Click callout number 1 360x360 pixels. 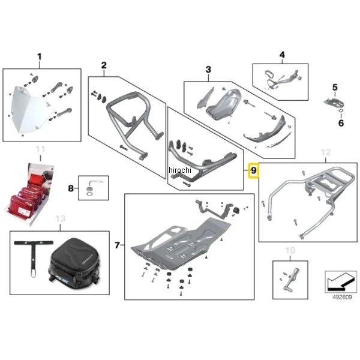pyautogui.click(x=40, y=58)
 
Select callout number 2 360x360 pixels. pyautogui.click(x=104, y=65)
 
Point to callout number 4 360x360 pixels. pyautogui.click(x=281, y=55)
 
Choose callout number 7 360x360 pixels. pyautogui.click(x=118, y=245)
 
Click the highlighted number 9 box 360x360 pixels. pyautogui.click(x=254, y=171)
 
